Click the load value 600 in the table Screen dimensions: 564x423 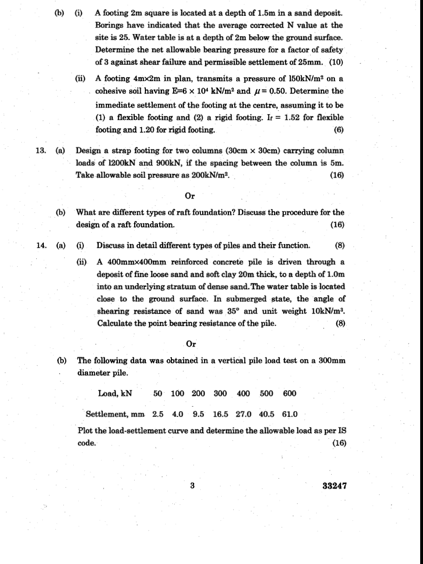tap(289, 393)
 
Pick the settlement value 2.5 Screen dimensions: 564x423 tap(158, 414)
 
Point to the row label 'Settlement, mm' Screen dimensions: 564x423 tap(116, 414)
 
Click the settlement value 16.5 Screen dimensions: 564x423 tap(220, 414)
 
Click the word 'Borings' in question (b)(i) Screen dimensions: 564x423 tap(109, 26)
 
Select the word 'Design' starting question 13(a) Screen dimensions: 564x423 tap(89, 151)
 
